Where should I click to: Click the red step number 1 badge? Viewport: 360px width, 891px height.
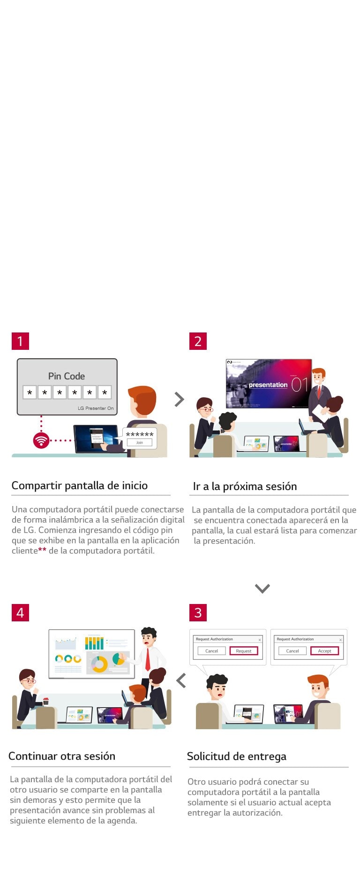point(20,341)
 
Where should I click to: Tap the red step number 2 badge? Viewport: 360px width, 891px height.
point(198,341)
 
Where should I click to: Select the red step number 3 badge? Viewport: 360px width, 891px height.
point(198,612)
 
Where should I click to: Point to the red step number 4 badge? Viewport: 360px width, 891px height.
point(20,612)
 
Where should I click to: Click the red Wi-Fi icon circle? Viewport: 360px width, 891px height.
point(41,440)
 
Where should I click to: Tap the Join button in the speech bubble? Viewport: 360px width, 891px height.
point(140,442)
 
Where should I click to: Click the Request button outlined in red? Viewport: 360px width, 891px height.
point(244,651)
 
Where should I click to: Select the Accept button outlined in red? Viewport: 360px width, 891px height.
point(324,651)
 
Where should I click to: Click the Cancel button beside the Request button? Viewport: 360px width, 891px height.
point(211,651)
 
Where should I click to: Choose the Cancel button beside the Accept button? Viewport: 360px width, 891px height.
point(292,651)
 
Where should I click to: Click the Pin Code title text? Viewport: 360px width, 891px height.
point(67,376)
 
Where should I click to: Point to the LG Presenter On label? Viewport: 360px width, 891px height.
point(96,408)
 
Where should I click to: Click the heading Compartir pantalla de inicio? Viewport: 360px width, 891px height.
point(79,485)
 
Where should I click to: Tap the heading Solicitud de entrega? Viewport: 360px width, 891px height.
point(236,756)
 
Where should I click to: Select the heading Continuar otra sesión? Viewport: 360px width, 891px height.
point(62,756)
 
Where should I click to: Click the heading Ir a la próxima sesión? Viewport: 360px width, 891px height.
point(245,486)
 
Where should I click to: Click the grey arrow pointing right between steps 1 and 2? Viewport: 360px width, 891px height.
point(179,399)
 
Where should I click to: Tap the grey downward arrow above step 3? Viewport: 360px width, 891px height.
point(262,589)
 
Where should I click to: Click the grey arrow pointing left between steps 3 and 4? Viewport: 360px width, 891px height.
point(181,680)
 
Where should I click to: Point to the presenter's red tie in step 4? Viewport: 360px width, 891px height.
point(148,659)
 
